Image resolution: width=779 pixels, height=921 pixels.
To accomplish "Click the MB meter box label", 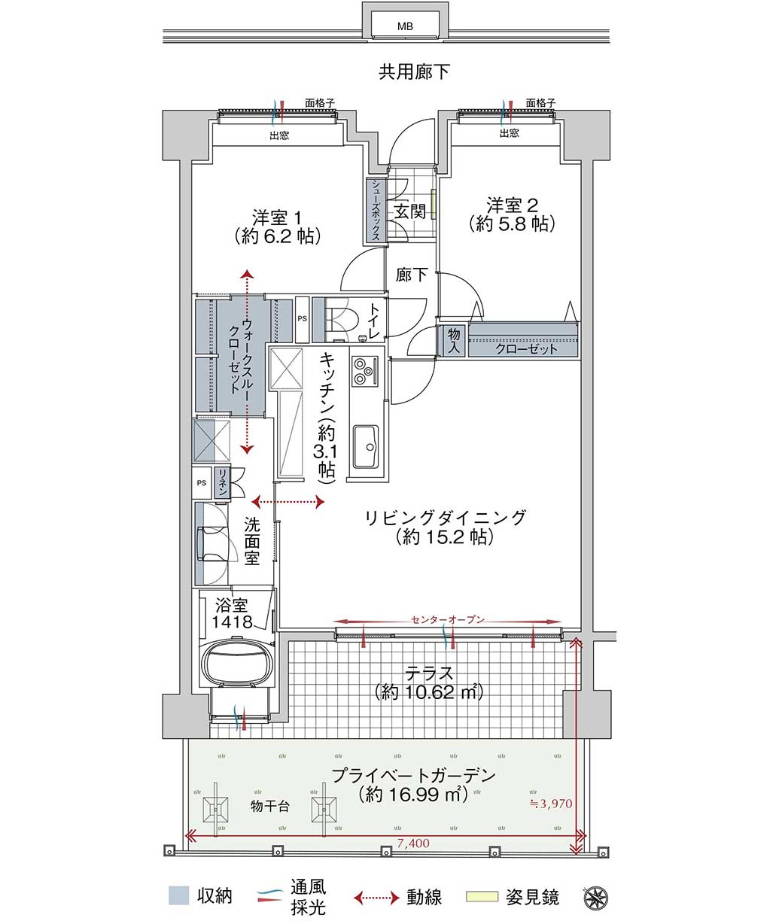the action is coord(405,27).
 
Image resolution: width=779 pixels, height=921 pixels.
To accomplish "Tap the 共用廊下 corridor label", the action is coord(414,71).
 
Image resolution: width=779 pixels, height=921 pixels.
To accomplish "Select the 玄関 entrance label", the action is coord(409,211).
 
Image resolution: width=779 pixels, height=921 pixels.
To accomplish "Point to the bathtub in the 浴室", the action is coord(236,664).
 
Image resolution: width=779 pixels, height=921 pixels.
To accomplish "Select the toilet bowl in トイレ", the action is coord(342,318).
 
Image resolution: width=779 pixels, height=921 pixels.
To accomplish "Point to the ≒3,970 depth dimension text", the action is coord(551,804).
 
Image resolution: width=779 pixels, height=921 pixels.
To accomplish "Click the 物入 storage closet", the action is coord(454,341).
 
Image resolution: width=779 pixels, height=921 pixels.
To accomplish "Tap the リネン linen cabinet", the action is coord(221,482).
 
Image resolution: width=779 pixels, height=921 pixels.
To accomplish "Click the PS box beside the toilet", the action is coord(302,319).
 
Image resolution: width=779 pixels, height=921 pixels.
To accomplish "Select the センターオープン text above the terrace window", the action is coord(447,620).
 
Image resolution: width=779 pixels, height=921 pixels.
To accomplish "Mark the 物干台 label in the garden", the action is coord(270,806).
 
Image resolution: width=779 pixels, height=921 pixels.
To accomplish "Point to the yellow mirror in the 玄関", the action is coord(433,205).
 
